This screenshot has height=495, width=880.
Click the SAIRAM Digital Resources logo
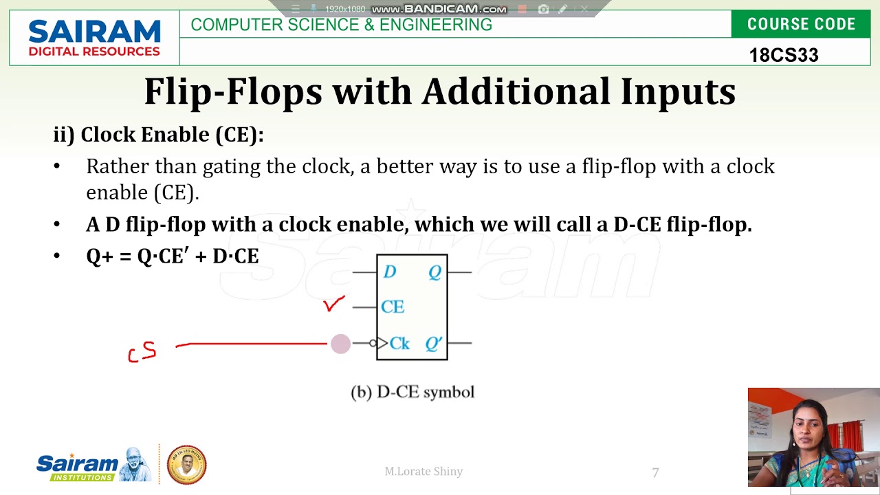94,38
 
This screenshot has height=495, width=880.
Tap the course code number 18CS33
783,55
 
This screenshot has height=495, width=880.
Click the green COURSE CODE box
801,24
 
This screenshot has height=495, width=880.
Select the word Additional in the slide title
516,91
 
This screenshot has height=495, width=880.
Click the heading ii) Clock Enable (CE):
158,134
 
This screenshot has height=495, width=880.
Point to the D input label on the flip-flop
390,272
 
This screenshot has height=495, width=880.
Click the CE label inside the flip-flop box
393,307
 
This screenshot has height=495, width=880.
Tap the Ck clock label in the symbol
399,343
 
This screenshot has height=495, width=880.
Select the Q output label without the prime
434,272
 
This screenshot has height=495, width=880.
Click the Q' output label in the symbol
433,343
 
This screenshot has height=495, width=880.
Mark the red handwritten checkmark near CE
334,304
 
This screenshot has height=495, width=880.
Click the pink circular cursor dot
340,344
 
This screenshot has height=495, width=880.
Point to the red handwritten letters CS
142,352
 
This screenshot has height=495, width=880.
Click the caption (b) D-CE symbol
412,392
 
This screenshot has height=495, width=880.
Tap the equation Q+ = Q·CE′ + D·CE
172,256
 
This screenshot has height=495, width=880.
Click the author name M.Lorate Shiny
423,471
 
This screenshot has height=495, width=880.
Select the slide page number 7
655,472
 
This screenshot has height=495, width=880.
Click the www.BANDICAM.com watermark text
439,9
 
